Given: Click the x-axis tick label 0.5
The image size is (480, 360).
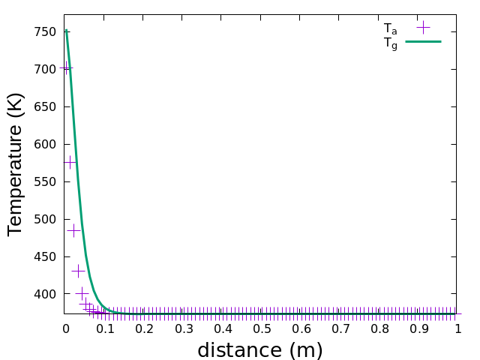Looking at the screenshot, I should [x=261, y=328].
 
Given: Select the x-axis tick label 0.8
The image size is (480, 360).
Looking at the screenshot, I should [x=379, y=328].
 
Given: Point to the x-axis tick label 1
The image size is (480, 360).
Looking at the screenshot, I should [x=457, y=328].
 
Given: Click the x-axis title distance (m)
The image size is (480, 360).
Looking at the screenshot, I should [x=260, y=350].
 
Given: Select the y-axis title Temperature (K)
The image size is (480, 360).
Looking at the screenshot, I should [x=16, y=163].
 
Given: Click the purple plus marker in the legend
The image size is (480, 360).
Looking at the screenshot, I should [x=423, y=28].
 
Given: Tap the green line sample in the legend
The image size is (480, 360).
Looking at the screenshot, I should [x=423, y=41].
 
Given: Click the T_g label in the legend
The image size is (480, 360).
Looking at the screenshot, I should [x=390, y=43].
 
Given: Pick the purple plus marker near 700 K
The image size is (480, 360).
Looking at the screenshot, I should [x=66, y=67].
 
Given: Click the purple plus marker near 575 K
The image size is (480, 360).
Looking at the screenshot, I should [x=70, y=162].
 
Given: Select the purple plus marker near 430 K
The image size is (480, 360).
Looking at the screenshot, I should [x=78, y=271].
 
